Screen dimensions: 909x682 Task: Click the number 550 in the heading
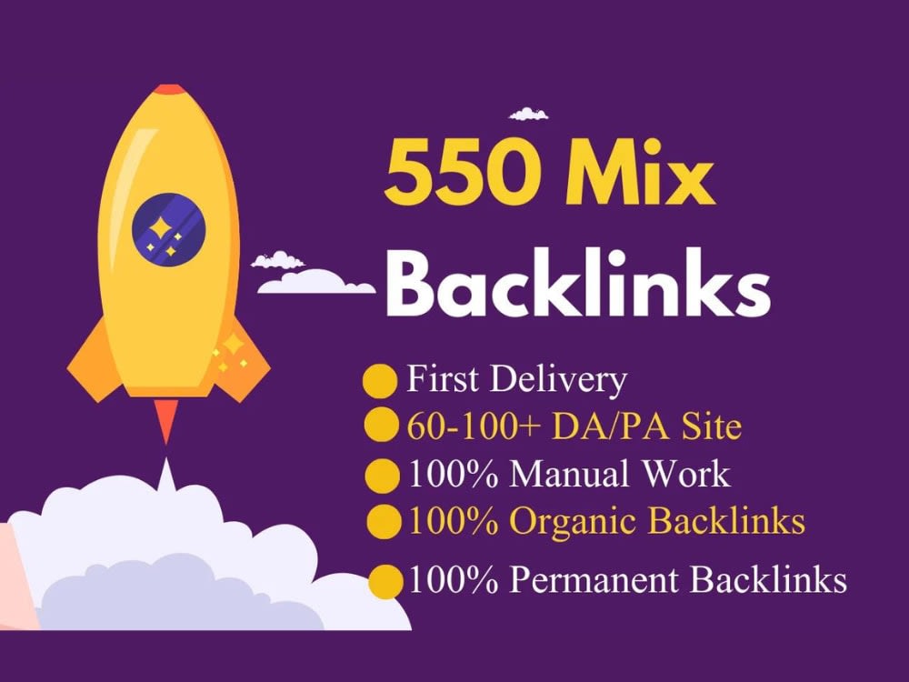(460, 173)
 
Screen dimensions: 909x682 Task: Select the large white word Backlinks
(577, 283)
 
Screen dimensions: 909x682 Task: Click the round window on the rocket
(169, 230)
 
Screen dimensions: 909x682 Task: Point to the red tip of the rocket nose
(170, 89)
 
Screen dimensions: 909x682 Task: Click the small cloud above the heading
(528, 114)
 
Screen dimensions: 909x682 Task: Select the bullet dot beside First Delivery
(380, 381)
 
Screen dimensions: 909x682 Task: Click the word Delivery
(558, 380)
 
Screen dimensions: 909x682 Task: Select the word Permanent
(594, 578)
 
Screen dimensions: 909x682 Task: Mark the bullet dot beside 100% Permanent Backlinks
(386, 581)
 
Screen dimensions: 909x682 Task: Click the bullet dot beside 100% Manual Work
(382, 476)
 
